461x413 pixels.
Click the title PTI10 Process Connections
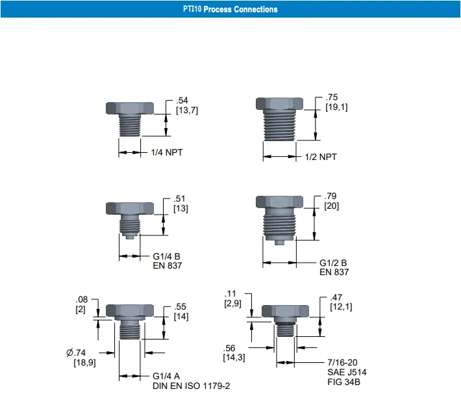point(230,9)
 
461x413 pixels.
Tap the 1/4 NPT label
point(167,153)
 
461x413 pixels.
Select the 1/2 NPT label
point(321,157)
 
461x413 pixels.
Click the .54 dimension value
point(182,100)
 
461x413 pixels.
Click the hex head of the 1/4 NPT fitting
point(130,108)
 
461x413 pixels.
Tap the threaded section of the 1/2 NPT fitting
point(280,126)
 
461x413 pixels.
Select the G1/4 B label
point(166,256)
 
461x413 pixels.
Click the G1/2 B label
point(333,263)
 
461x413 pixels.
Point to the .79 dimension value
point(330,196)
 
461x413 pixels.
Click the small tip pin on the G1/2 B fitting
point(279,243)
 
